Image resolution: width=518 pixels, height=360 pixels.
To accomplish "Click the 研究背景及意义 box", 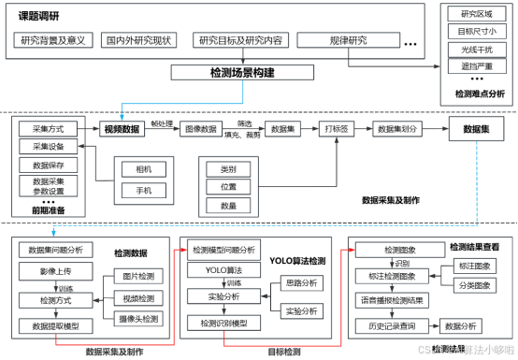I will [52, 41].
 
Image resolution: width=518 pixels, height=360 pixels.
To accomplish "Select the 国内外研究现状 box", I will [137, 41].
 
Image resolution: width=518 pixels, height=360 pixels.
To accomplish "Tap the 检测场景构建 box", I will [229, 72].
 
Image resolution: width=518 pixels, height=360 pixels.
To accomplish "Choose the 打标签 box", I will [336, 129].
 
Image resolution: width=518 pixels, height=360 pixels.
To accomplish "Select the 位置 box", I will [228, 187].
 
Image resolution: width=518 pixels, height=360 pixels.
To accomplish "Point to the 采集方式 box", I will [47, 128].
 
